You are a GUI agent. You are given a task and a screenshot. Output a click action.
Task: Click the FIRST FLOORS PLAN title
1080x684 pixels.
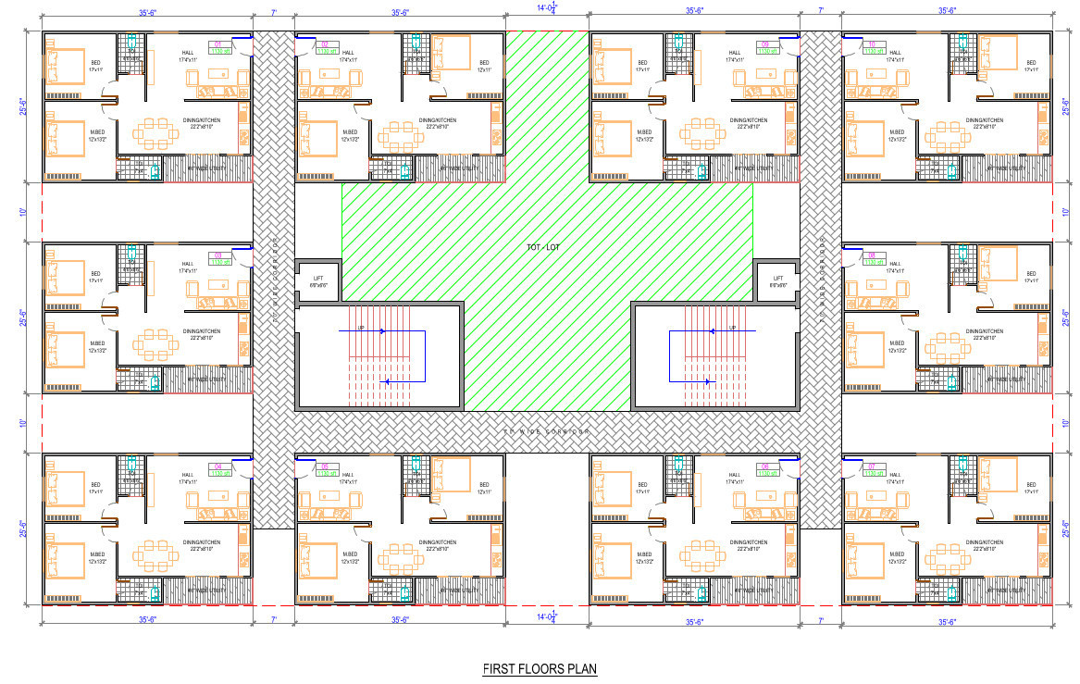tap(540, 668)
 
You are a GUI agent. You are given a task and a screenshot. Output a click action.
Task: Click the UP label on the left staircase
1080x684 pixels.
tap(361, 328)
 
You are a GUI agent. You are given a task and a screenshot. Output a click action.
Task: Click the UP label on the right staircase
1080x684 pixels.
tap(732, 328)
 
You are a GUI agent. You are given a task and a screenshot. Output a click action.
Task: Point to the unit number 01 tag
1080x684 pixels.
tap(219, 44)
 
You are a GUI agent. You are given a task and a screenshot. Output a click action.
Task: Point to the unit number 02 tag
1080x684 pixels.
tap(325, 44)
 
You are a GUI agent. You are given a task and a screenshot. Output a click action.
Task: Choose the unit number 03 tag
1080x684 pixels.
tap(219, 255)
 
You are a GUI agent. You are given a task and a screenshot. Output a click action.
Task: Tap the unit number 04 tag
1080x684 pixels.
tap(219, 466)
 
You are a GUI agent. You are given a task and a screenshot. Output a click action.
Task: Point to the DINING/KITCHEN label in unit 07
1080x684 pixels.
tap(983, 543)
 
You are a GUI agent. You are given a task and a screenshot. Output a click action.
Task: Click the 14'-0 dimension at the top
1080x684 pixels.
tap(547, 8)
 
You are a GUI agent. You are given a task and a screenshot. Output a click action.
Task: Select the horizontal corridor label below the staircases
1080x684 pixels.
tap(546, 431)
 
